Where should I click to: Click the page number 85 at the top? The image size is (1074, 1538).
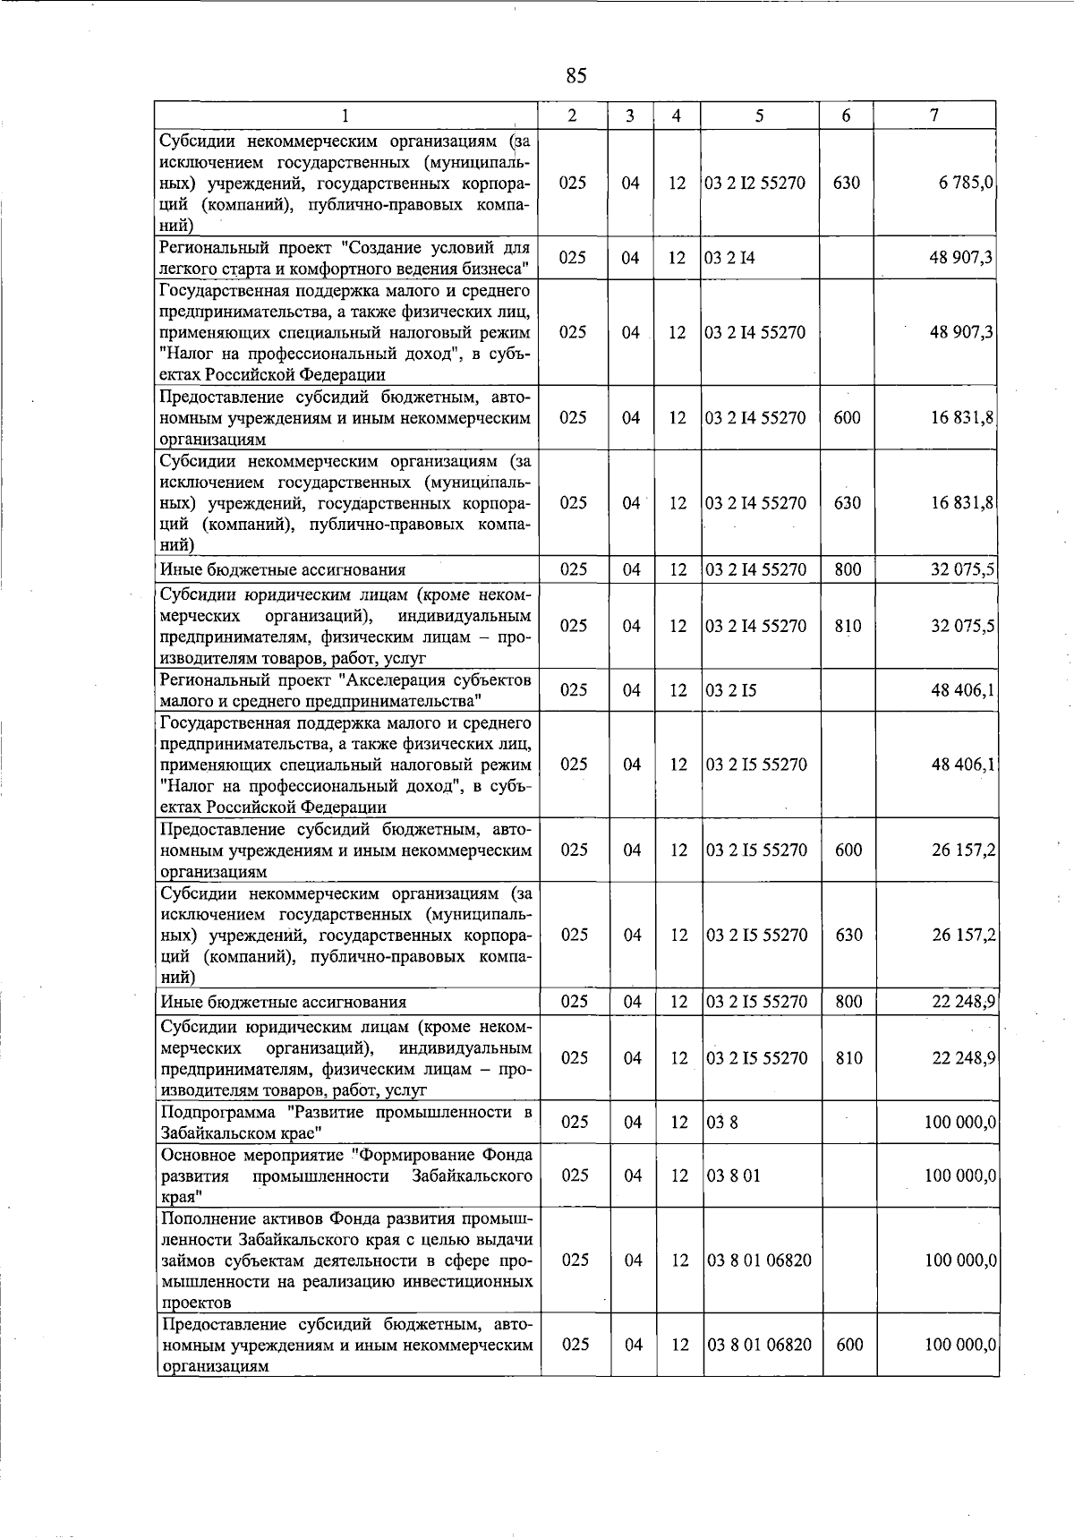point(575,76)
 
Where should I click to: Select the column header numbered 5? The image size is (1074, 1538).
point(759,115)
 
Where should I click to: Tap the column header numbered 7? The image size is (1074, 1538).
point(933,115)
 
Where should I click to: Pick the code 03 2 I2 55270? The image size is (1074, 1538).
point(755,183)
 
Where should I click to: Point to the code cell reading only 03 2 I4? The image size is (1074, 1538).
point(730,258)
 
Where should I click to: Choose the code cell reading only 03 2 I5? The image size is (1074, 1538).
point(731,690)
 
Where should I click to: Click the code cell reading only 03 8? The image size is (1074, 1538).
point(722,1123)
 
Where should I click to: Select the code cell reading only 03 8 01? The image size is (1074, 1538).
point(733,1175)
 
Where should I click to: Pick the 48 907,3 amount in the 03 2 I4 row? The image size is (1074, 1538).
point(962,258)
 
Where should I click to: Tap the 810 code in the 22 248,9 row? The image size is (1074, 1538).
point(848,1058)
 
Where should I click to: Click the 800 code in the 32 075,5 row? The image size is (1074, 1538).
point(848,569)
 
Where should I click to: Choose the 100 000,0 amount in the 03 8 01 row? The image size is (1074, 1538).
point(960,1175)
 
